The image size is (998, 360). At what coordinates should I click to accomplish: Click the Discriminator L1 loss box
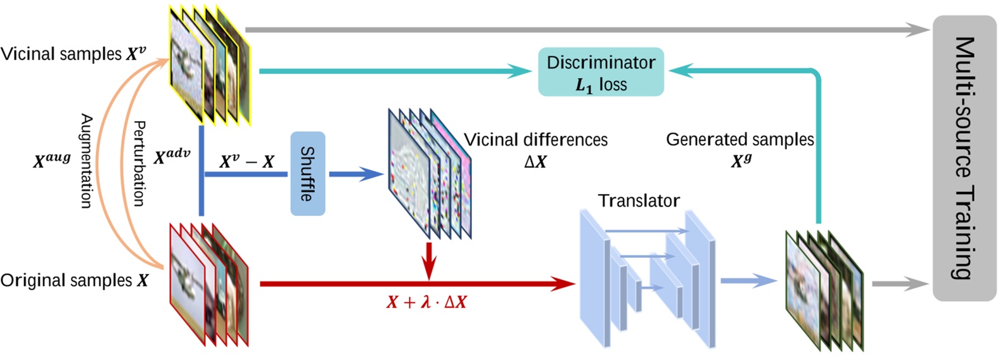601,72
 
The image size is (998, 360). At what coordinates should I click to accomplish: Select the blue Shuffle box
308,174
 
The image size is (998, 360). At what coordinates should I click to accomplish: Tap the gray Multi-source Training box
964,158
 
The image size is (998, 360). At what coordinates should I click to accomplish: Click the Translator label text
639,201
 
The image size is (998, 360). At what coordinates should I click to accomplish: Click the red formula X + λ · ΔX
426,302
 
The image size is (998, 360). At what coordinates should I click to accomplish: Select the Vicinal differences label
535,139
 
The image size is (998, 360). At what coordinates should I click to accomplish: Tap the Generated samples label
739,139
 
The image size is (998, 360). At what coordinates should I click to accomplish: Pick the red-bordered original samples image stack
208,285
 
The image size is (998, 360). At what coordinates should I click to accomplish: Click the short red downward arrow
430,260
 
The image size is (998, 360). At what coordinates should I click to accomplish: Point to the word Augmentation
87,161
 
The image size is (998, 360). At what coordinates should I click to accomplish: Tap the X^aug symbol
52,160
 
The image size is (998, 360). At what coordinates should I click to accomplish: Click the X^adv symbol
172,156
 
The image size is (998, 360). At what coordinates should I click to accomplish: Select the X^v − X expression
246,162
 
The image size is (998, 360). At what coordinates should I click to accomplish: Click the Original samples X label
74,280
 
